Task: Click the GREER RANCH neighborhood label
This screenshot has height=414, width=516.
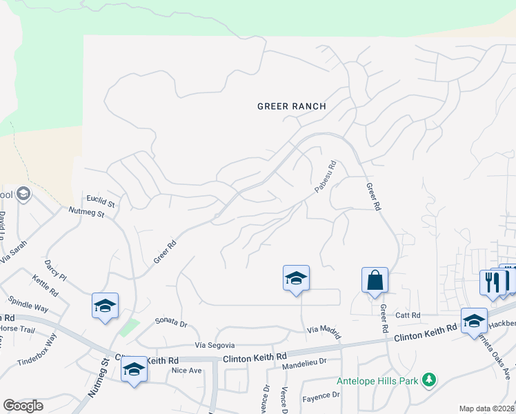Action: (291, 106)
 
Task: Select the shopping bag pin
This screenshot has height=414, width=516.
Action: (375, 281)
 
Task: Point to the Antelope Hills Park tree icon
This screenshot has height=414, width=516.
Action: (429, 379)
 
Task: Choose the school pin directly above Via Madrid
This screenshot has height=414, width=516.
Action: (296, 279)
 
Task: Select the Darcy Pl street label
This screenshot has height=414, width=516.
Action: (54, 269)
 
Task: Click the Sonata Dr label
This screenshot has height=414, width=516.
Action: (171, 322)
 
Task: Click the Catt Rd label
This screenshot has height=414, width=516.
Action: (408, 315)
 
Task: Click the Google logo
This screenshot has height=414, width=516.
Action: (23, 406)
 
